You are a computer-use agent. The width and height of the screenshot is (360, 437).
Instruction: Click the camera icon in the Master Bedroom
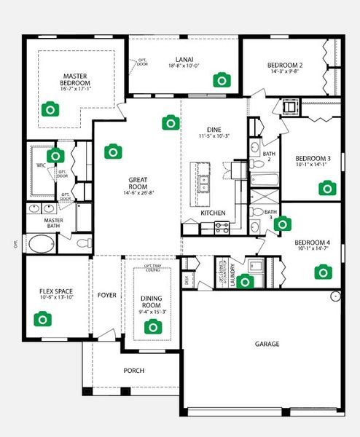click(x=50, y=110)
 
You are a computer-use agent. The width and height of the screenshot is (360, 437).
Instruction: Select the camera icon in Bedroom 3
click(x=326, y=188)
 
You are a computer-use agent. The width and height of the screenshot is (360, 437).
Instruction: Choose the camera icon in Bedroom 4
click(x=321, y=272)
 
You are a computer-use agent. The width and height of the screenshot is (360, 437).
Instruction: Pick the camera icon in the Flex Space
click(x=42, y=319)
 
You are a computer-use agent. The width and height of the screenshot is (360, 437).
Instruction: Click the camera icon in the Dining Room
click(x=152, y=327)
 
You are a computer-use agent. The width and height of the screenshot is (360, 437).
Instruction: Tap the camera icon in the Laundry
click(x=246, y=281)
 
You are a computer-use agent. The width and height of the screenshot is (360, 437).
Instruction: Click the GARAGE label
click(x=267, y=344)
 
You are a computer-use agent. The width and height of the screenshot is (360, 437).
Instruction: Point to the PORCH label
click(x=133, y=371)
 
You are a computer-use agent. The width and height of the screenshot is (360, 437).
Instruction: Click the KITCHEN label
click(x=214, y=213)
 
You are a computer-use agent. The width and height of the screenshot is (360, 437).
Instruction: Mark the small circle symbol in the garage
click(x=335, y=296)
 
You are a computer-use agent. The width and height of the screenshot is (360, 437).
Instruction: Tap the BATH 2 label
click(x=269, y=157)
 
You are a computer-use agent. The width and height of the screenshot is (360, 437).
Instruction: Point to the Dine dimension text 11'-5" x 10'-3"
click(x=214, y=136)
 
